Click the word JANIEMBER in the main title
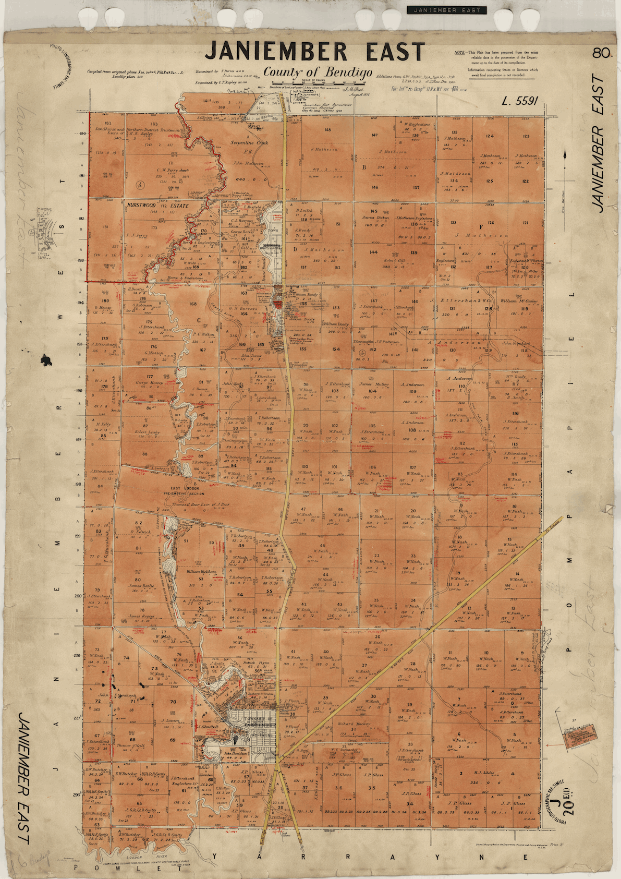tap(276, 52)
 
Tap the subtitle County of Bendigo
tap(318, 72)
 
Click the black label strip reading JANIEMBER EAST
tap(446, 10)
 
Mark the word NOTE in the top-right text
tap(459, 53)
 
